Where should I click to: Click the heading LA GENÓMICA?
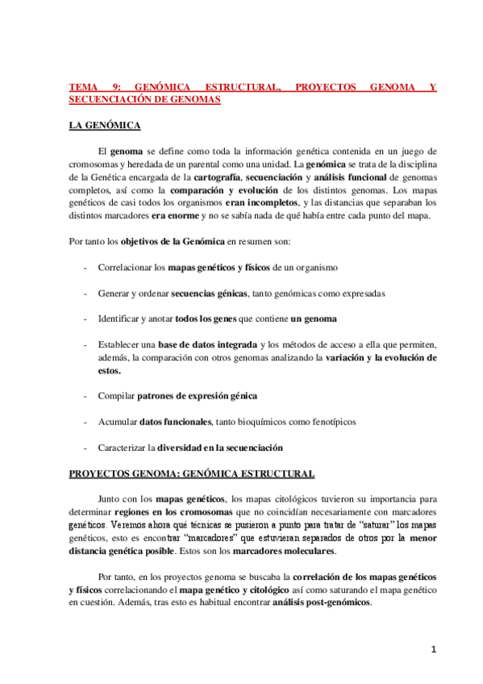click(105, 126)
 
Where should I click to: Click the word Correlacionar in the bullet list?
click(124, 266)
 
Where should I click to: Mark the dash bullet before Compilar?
click(86, 396)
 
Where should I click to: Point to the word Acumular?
click(117, 422)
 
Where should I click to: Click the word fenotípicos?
click(327, 422)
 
